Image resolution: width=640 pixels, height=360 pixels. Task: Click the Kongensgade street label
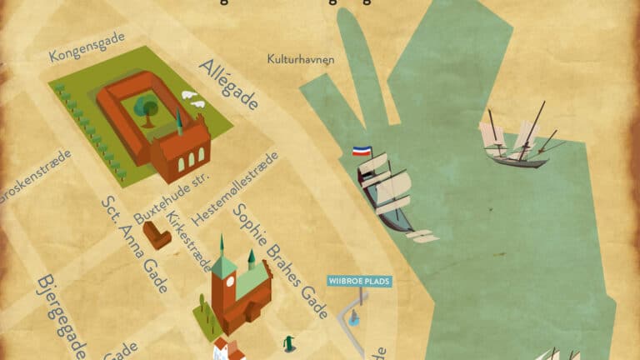pyautogui.click(x=87, y=48)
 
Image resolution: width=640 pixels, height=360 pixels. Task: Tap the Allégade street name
pyautogui.click(x=227, y=85)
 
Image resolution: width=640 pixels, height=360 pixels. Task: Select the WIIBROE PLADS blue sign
pyautogui.click(x=359, y=281)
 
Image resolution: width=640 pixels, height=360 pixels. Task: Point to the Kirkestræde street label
pyautogui.click(x=189, y=238)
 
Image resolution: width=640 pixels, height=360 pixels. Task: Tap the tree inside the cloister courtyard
pyautogui.click(x=147, y=107)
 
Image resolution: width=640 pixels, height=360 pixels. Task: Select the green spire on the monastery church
pyautogui.click(x=179, y=122)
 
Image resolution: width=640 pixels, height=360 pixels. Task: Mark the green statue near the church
pyautogui.click(x=289, y=342)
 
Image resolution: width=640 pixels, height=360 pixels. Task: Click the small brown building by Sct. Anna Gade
pyautogui.click(x=157, y=235)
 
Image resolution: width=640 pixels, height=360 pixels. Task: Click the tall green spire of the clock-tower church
pyautogui.click(x=222, y=248)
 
